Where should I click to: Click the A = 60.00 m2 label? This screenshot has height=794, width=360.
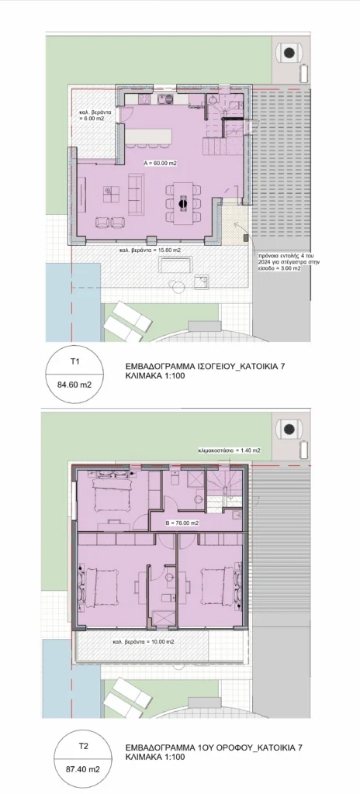(x=161, y=164)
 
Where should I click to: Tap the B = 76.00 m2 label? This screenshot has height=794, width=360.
(x=182, y=523)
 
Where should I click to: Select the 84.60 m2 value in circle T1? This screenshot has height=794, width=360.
(x=74, y=385)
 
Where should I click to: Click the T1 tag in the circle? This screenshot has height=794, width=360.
(x=74, y=361)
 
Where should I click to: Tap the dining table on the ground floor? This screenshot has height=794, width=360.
(x=183, y=203)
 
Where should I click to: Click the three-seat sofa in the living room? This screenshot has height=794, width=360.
(x=135, y=193)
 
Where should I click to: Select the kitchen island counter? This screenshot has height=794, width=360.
(x=148, y=136)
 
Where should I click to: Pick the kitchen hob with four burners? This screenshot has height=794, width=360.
(x=166, y=98)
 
